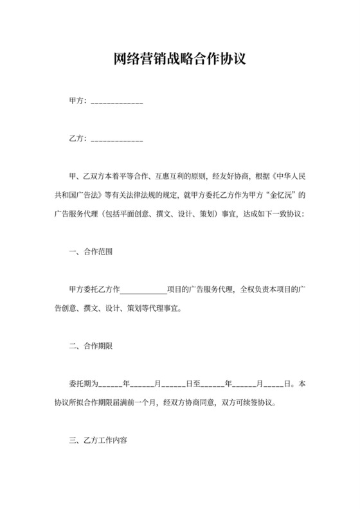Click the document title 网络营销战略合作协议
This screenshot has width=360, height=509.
pyautogui.click(x=179, y=60)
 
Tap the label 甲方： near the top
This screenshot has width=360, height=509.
pyautogui.click(x=78, y=102)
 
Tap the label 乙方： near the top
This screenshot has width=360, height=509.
pyautogui.click(x=78, y=138)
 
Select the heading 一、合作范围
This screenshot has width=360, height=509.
pyautogui.click(x=91, y=251)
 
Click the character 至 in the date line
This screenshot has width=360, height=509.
pyautogui.click(x=197, y=384)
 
